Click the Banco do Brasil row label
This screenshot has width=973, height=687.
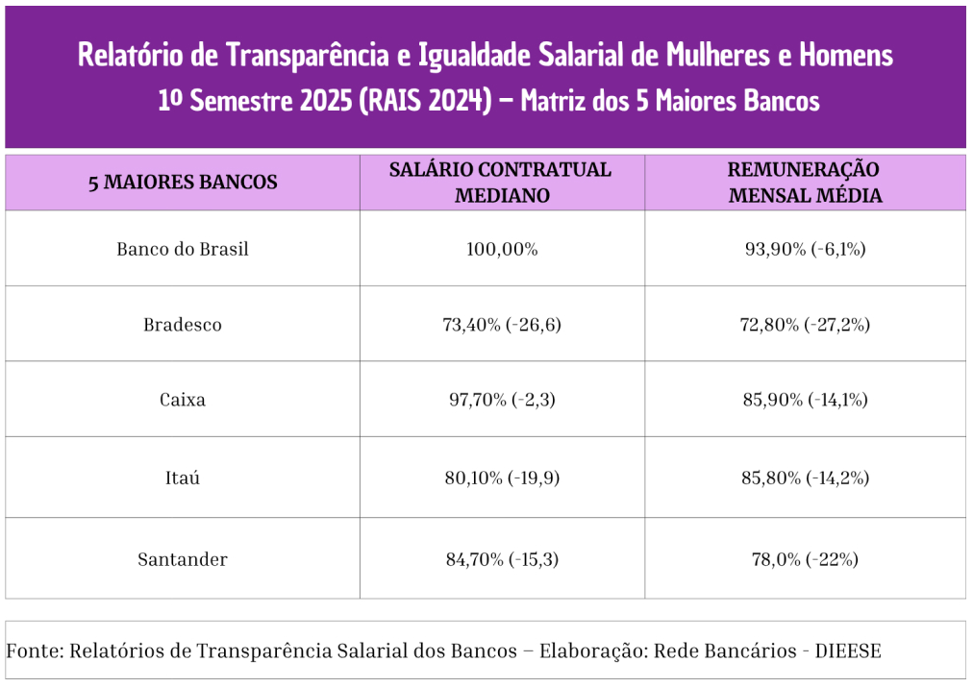[183, 250]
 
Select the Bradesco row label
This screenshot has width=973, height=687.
[183, 325]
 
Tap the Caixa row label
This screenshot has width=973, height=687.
[183, 400]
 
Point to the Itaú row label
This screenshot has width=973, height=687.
[183, 478]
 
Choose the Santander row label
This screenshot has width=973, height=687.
[183, 559]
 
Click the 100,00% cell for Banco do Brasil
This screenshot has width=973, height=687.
[502, 250]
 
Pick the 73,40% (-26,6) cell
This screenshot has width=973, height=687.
[502, 325]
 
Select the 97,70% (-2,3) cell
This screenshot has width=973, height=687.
[502, 400]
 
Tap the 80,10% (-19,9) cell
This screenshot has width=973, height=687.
[502, 478]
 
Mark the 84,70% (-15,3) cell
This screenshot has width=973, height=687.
[502, 559]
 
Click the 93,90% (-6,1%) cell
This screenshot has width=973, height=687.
[806, 250]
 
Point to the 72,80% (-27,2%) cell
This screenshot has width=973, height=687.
[806, 325]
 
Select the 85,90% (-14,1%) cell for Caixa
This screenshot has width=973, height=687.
[806, 400]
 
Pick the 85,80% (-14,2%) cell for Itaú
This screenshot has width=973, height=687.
[806, 478]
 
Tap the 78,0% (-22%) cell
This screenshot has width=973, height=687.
[806, 559]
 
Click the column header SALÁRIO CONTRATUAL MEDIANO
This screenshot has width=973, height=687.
[501, 183]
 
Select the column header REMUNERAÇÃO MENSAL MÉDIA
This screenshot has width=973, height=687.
[805, 183]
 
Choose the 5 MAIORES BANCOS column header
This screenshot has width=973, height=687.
[183, 183]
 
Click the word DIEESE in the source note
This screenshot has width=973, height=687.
[848, 651]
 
